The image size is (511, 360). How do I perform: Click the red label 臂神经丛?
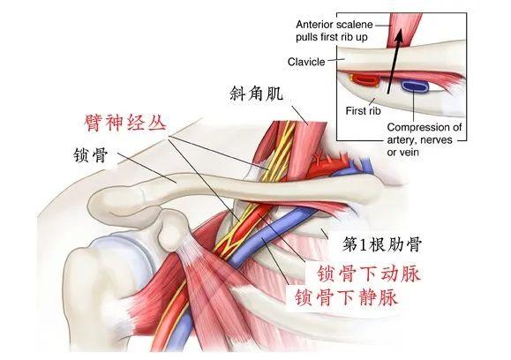pyautogui.click(x=125, y=123)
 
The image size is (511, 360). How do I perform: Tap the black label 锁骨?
pyautogui.click(x=91, y=155)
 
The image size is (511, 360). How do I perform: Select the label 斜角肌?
pyautogui.click(x=257, y=94)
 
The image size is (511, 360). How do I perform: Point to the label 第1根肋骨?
pyautogui.click(x=382, y=244)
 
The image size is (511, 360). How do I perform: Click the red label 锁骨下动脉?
pyautogui.click(x=369, y=274)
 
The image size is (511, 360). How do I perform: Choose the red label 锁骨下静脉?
pyautogui.click(x=346, y=296)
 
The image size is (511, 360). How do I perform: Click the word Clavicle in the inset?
pyautogui.click(x=306, y=62)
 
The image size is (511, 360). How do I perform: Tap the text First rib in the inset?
pyautogui.click(x=363, y=111)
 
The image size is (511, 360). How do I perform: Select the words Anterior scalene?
pyautogui.click(x=334, y=25)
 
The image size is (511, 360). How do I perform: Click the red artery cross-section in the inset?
pyautogui.click(x=364, y=79)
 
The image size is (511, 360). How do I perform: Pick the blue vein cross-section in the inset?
pyautogui.click(x=414, y=86)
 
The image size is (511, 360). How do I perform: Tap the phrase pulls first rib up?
pyautogui.click(x=332, y=37)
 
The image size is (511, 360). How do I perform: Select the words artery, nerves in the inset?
pyautogui.click(x=419, y=140)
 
